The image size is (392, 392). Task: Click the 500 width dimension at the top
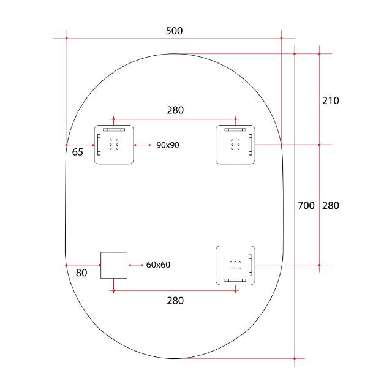click(174, 31)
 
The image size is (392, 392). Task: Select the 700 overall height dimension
click(306, 206)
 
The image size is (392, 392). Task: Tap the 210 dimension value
click(331, 100)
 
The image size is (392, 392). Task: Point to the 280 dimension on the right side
click(331, 206)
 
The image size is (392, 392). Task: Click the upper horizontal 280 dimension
click(175, 110)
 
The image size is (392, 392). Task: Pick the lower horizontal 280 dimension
click(175, 301)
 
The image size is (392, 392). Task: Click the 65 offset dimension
click(78, 153)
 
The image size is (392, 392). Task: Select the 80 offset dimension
click(81, 273)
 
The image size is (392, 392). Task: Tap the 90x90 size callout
click(167, 145)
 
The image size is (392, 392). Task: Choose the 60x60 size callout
click(158, 265)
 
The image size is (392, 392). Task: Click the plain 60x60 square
click(114, 265)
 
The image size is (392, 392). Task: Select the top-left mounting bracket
click(114, 145)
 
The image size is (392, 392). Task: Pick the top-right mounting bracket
click(235, 145)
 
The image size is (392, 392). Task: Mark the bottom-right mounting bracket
click(235, 265)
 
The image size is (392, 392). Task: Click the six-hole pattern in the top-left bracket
click(114, 145)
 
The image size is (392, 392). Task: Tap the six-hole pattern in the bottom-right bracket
click(235, 265)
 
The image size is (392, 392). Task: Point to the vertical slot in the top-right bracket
click(250, 145)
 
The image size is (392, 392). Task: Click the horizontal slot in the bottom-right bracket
click(235, 280)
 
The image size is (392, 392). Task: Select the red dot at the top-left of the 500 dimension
click(66, 39)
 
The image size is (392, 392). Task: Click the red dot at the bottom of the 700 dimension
click(295, 358)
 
